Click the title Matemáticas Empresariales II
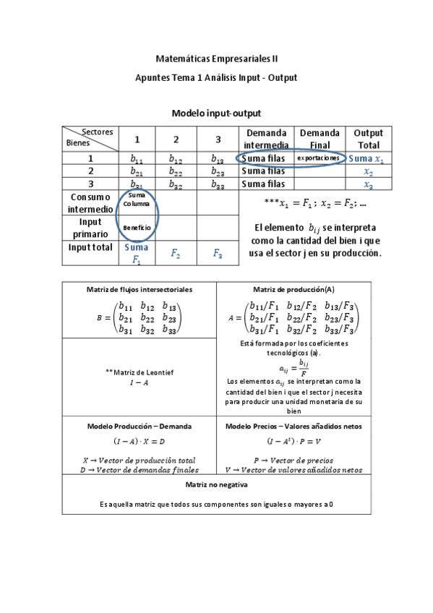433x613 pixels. click(216, 57)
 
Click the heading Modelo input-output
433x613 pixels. click(216, 113)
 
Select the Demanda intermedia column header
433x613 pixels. click(266, 139)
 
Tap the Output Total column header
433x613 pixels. click(368, 139)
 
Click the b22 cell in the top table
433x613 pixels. click(176, 171)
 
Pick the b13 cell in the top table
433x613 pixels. click(218, 158)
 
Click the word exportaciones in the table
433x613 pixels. click(318, 158)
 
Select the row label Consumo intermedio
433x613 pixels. click(90, 202)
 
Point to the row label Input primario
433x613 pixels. click(90, 228)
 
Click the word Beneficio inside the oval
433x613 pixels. click(137, 228)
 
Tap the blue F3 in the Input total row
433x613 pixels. click(218, 253)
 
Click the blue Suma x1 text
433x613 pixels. click(367, 158)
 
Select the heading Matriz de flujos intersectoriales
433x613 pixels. click(140, 289)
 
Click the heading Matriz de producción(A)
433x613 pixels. click(293, 289)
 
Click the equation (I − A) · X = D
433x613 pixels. click(140, 441)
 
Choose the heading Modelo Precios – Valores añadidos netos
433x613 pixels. click(293, 426)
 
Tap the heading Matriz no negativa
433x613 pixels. click(217, 484)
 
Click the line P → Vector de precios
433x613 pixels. click(293, 460)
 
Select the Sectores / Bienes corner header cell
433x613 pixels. click(90, 138)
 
